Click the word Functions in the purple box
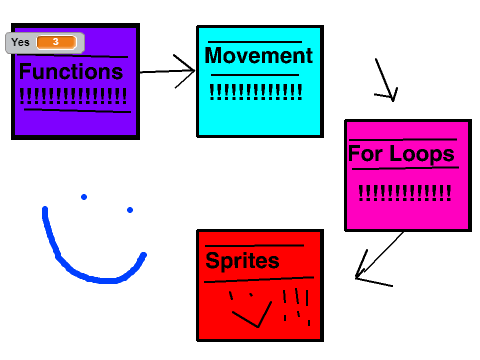pyautogui.click(x=71, y=71)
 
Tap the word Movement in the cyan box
pyautogui.click(x=259, y=55)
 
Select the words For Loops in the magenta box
pyautogui.click(x=401, y=154)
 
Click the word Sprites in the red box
pyautogui.click(x=242, y=261)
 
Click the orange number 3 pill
pyautogui.click(x=56, y=42)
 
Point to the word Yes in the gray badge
pyautogui.click(x=20, y=42)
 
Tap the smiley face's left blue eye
pyautogui.click(x=84, y=197)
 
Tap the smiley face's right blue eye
pyautogui.click(x=130, y=210)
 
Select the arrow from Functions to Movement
pyautogui.click(x=167, y=71)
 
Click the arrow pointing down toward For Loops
pyautogui.click(x=386, y=80)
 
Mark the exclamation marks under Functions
pyautogui.click(x=73, y=96)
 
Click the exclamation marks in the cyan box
pyautogui.click(x=256, y=92)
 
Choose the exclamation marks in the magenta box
pyautogui.click(x=405, y=193)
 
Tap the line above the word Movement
pyautogui.click(x=255, y=42)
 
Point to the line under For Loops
pyautogui.click(x=405, y=168)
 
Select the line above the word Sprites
pyautogui.click(x=254, y=246)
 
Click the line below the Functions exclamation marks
pyautogui.click(x=77, y=111)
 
